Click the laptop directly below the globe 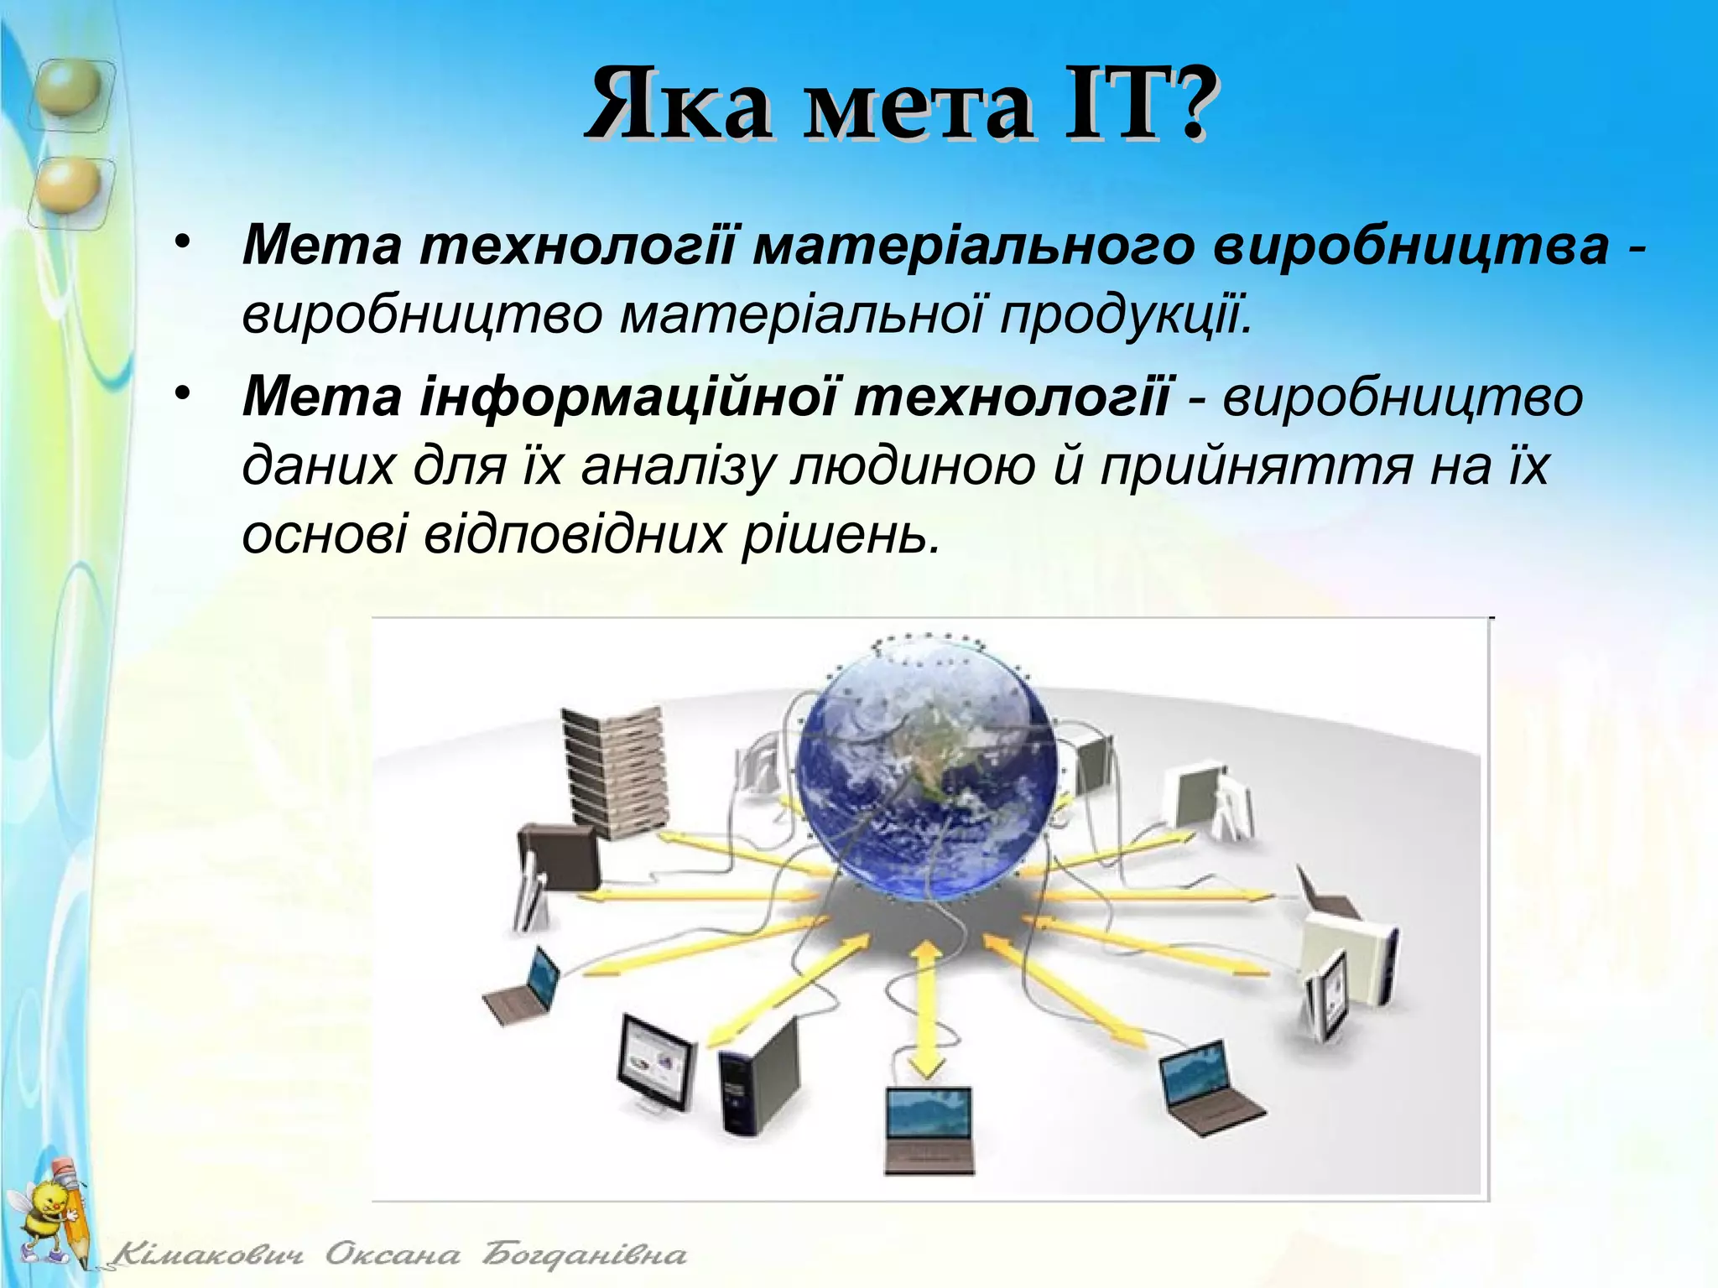point(929,1129)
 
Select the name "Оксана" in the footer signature point(393,1255)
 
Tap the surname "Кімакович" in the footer point(208,1255)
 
